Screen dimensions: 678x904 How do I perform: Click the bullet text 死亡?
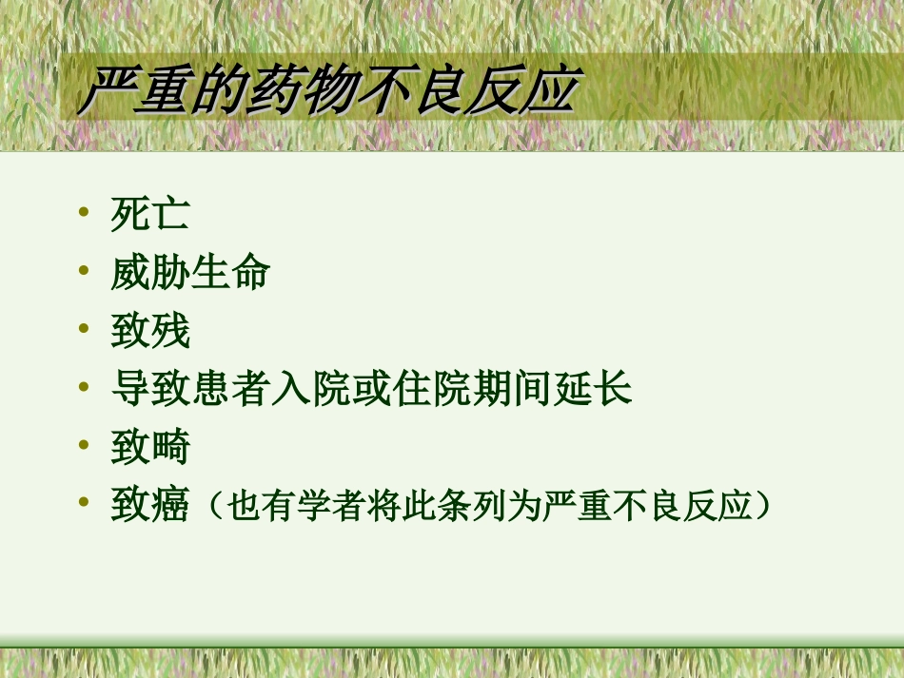pyautogui.click(x=150, y=215)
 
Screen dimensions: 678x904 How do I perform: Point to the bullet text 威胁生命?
pyautogui.click(x=190, y=273)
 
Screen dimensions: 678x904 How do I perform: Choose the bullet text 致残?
pyautogui.click(x=150, y=331)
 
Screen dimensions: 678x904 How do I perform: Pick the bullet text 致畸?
pyautogui.click(x=150, y=447)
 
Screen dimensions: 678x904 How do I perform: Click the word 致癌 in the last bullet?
pyautogui.click(x=150, y=505)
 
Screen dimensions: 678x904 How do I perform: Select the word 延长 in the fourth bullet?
pyautogui.click(x=593, y=389)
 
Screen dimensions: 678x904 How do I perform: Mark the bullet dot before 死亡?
pyautogui.click(x=87, y=211)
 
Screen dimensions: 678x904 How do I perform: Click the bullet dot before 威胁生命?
pyautogui.click(x=87, y=269)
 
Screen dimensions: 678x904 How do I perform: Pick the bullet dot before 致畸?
pyautogui.click(x=87, y=443)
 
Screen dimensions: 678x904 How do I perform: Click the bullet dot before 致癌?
pyautogui.click(x=87, y=501)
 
